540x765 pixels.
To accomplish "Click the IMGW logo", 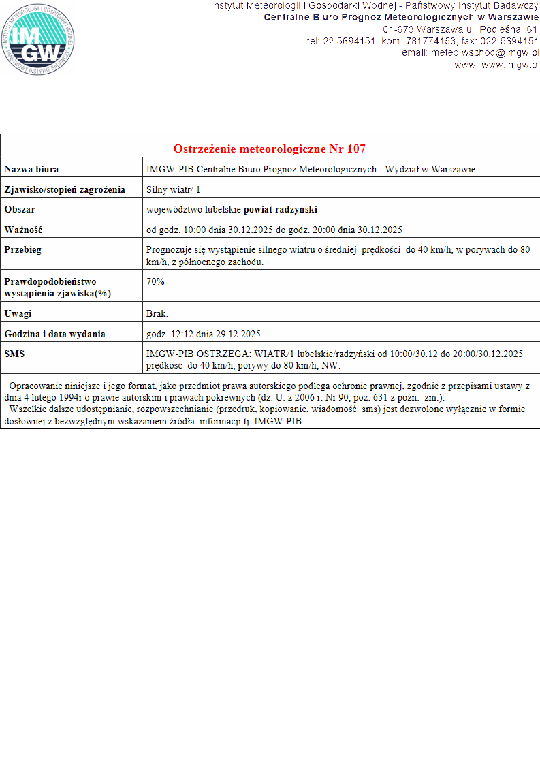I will (37, 40).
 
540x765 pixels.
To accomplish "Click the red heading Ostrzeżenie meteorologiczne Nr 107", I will (270, 149).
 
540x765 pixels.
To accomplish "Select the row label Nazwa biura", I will (31, 169).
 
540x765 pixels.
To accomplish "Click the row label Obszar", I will (20, 209).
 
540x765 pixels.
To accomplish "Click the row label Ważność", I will (23, 230).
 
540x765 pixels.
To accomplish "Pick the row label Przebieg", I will (22, 249).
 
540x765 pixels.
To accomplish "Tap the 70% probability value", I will (155, 281).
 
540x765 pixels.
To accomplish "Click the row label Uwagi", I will (18, 314).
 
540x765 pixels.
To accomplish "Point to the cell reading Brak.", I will (157, 314).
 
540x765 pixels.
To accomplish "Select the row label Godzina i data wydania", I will (54, 334).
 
